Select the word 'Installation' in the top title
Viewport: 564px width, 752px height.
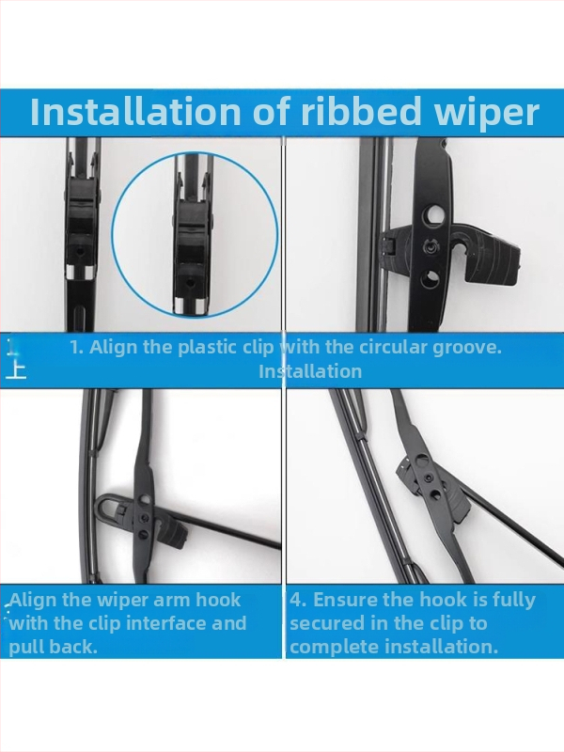tap(135, 111)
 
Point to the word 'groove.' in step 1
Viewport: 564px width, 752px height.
tap(467, 348)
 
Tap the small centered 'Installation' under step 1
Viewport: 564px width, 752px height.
tap(310, 371)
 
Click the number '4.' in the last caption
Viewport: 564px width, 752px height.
tap(298, 600)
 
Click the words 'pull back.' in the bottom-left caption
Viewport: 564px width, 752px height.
tap(53, 648)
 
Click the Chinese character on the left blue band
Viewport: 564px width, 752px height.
tap(16, 369)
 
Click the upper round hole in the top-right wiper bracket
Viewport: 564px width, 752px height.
tap(431, 216)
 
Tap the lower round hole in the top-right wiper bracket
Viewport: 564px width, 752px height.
tap(431, 278)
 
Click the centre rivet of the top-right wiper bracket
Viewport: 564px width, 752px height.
tap(430, 247)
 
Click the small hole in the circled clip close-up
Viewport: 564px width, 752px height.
tap(191, 284)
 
